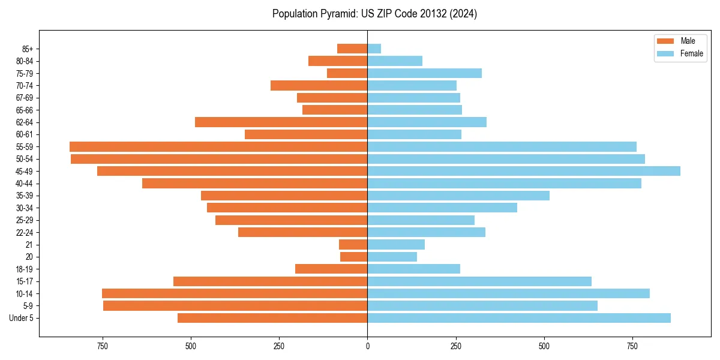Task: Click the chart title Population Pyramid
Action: point(374,14)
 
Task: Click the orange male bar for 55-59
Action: point(218,146)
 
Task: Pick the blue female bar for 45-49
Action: point(524,171)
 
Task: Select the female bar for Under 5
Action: point(519,318)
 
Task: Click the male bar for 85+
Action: point(352,49)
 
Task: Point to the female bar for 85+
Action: point(374,49)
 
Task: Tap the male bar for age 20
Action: point(354,257)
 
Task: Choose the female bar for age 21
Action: point(396,244)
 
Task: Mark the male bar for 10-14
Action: point(235,293)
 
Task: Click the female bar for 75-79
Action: point(425,73)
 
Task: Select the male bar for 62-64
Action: point(281,122)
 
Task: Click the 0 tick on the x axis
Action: point(367,346)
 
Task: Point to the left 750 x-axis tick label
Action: point(102,346)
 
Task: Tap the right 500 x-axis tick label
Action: point(544,346)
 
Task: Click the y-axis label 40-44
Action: point(24,184)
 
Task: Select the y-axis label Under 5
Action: point(21,318)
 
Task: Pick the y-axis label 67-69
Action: point(24,98)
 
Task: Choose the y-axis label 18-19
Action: point(24,269)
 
